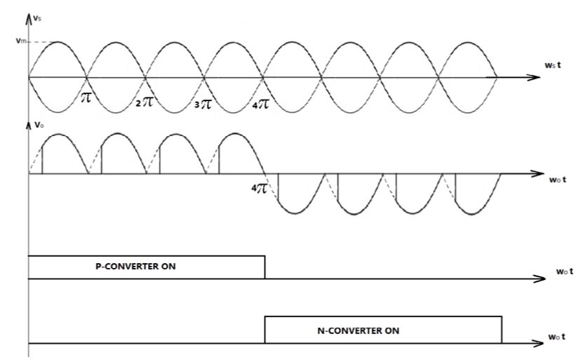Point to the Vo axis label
(38, 126)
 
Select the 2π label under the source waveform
(145, 103)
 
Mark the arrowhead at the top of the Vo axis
(28, 123)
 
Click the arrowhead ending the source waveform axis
(525, 76)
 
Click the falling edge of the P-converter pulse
(265, 267)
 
